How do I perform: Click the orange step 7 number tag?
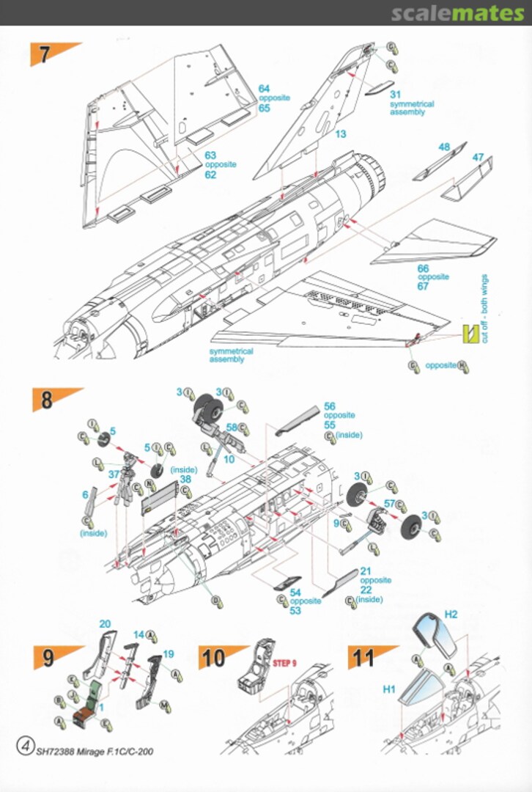click(48, 54)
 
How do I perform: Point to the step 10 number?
click(215, 657)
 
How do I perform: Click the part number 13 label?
click(341, 134)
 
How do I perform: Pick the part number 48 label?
click(444, 147)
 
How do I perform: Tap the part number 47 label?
click(479, 157)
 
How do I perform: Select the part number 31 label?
click(396, 95)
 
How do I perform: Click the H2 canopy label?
click(451, 614)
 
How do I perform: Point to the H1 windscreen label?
click(388, 689)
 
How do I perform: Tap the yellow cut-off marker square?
click(468, 334)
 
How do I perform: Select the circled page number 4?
click(25, 747)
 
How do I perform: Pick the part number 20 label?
click(105, 624)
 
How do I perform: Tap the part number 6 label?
click(85, 496)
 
